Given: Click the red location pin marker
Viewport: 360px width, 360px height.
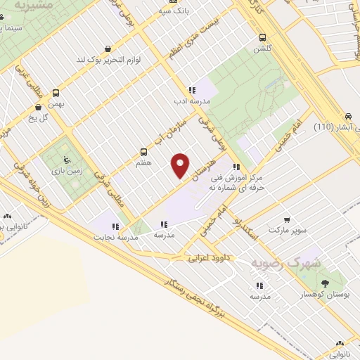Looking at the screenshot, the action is tap(181, 165).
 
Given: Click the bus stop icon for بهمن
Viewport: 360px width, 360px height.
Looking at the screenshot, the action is tap(56, 91).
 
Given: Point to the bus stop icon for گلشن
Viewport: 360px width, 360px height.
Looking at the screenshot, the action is tap(262, 38).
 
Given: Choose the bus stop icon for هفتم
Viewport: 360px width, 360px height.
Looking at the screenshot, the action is tap(144, 152).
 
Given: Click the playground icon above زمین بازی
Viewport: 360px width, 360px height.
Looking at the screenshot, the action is tap(67, 158).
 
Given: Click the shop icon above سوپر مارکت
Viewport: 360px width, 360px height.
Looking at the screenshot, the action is tap(287, 219).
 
